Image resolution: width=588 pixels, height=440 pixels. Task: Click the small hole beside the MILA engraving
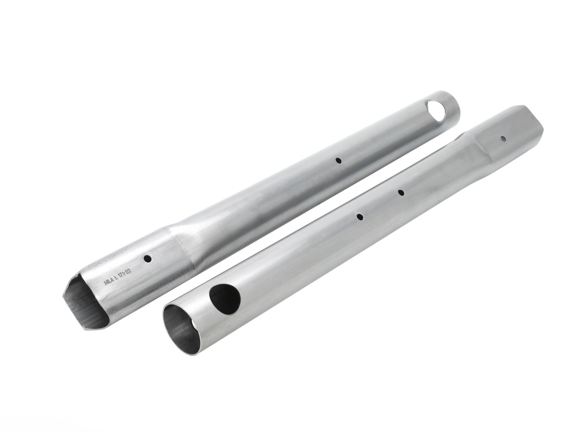[x=147, y=258]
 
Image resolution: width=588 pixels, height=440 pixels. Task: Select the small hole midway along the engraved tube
[x=339, y=160]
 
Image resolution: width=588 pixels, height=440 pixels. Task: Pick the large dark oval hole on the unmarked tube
[x=226, y=300]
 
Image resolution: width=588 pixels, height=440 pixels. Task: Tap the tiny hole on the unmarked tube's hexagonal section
[x=503, y=139]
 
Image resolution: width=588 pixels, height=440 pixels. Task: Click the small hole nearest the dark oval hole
[x=360, y=217]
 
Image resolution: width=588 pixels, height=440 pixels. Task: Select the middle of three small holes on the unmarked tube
[x=401, y=193]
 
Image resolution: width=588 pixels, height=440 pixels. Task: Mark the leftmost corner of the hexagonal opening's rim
[x=63, y=297]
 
